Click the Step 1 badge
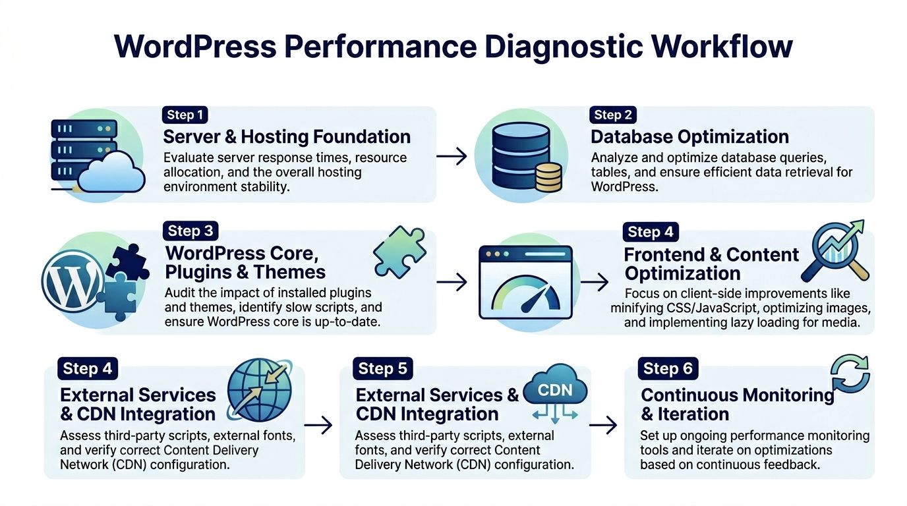pos(185,115)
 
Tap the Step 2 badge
pos(613,115)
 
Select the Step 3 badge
pos(190,231)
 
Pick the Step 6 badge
pos(668,369)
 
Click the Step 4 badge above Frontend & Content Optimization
pos(651,232)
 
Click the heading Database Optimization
pos(689,137)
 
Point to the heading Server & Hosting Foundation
pos(287,137)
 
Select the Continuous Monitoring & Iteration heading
pos(737,405)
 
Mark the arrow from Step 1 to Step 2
pos(452,157)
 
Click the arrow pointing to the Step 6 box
pos(602,426)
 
